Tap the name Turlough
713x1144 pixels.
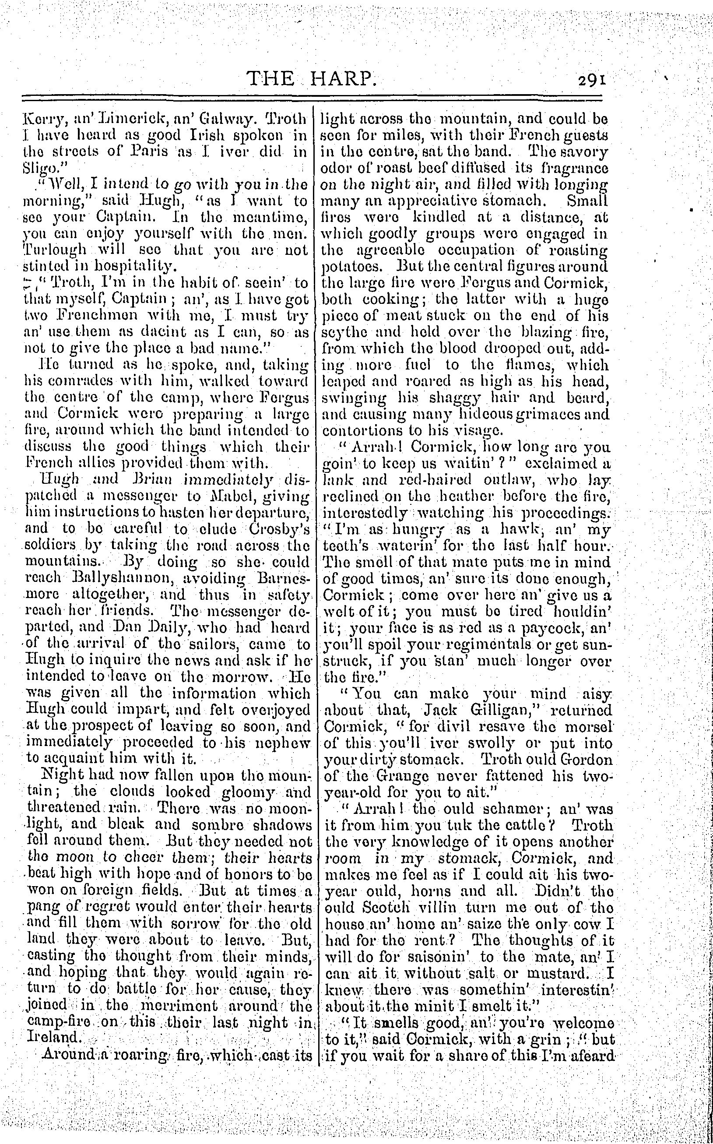[x=55, y=250]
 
